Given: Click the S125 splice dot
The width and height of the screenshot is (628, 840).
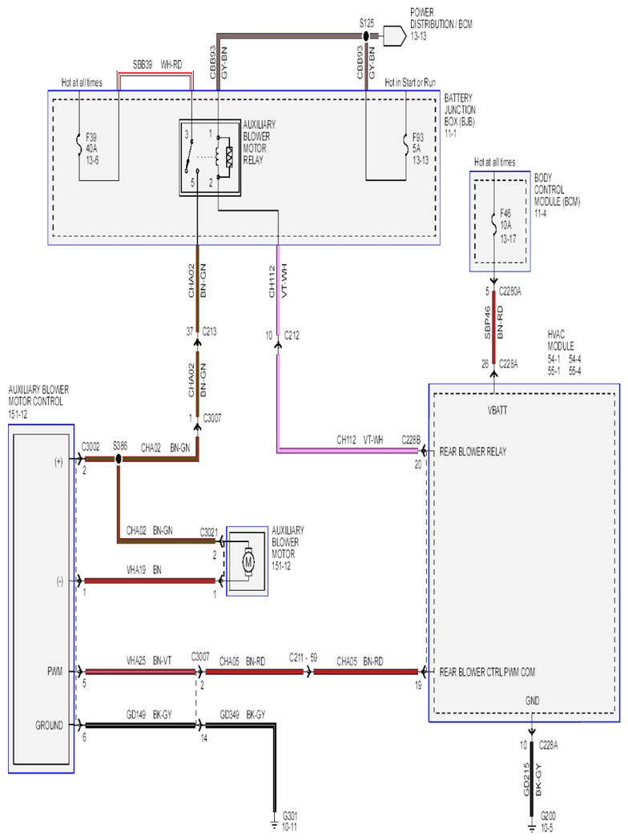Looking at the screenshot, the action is point(366,36).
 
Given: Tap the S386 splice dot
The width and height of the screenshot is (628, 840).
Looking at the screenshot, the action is point(119,459).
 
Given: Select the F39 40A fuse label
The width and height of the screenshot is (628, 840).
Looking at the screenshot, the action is point(92,148).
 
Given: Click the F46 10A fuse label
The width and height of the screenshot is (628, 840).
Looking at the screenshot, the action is point(507,226).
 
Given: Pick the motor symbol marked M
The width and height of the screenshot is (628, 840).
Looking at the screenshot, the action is point(248,562).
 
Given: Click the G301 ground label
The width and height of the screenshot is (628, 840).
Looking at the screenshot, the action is point(290,821).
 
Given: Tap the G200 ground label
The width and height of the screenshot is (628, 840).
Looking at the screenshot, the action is point(548,821).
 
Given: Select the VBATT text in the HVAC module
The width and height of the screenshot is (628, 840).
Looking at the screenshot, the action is point(497,410).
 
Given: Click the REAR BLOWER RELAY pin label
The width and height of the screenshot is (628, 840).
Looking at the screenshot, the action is point(473,452).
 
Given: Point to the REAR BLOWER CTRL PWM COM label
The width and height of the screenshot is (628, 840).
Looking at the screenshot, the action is point(487,672).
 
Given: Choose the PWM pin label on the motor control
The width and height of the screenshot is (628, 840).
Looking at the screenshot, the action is point(54,671).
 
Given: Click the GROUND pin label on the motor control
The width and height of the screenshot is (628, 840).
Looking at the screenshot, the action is point(50,725).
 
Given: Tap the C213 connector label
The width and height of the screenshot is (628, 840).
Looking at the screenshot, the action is point(210,332).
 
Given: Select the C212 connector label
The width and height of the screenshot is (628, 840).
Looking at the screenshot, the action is point(292,336).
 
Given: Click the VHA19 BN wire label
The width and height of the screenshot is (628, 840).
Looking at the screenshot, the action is point(143,570).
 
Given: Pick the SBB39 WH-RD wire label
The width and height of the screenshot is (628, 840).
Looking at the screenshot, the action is point(157,65).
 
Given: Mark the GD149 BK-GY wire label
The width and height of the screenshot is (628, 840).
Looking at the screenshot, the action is point(149,714).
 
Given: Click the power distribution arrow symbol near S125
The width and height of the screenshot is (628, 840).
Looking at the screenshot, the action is point(392,36).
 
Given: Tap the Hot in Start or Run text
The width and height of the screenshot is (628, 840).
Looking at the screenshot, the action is point(410,82).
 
